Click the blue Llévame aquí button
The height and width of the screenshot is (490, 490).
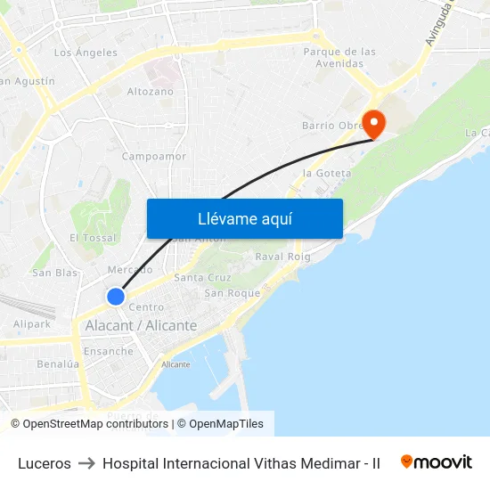tap(244, 218)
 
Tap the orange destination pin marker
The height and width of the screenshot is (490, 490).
tap(372, 124)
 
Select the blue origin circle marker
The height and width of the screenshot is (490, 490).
tap(115, 297)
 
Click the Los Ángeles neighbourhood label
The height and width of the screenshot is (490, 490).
tap(86, 53)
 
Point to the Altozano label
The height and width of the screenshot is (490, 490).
tap(151, 91)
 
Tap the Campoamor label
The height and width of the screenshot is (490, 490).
tap(154, 156)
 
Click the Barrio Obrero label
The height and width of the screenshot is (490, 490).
tap(331, 126)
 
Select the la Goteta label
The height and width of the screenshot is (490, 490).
tap(327, 173)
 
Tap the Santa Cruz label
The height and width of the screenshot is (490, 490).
tap(202, 277)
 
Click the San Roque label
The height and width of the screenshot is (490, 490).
tap(233, 293)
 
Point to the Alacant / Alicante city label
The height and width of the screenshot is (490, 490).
tap(141, 326)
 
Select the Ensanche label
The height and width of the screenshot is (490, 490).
tap(108, 351)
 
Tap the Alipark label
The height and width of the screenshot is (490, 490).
tap(32, 324)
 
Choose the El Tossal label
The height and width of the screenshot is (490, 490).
tap(93, 238)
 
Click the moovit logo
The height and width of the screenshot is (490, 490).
tap(436, 462)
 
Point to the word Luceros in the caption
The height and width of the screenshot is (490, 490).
tap(45, 463)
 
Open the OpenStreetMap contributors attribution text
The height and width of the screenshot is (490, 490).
tap(90, 424)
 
